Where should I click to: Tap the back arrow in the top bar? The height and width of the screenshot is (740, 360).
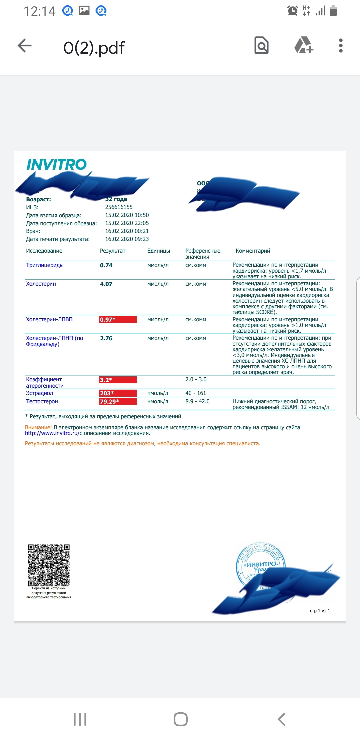25,46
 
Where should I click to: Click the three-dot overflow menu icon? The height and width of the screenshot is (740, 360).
340,46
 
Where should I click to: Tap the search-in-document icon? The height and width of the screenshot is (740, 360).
261,45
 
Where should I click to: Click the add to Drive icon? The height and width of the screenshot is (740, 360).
304,45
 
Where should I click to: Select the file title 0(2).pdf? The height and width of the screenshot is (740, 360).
94,48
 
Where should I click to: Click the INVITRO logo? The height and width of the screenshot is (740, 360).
56,164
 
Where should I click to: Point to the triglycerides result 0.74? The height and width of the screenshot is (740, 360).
106,265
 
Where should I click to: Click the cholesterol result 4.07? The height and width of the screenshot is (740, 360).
106,284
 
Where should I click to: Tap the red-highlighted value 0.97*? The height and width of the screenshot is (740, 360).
118,320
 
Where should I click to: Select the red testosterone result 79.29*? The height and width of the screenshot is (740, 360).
118,402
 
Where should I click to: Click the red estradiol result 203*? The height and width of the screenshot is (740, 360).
118,393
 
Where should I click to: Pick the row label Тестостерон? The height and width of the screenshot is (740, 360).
42,402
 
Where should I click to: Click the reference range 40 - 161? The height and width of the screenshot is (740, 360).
196,393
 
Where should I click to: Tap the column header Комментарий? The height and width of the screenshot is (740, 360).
253,251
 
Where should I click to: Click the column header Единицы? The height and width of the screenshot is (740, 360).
158,251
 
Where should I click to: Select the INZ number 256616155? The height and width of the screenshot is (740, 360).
119,207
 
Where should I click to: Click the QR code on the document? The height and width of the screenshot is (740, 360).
49,565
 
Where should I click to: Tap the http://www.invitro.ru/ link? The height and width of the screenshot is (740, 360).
52,433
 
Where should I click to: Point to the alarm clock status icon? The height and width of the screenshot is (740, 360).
292,11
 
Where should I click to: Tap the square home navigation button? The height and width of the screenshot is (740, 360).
180,719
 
